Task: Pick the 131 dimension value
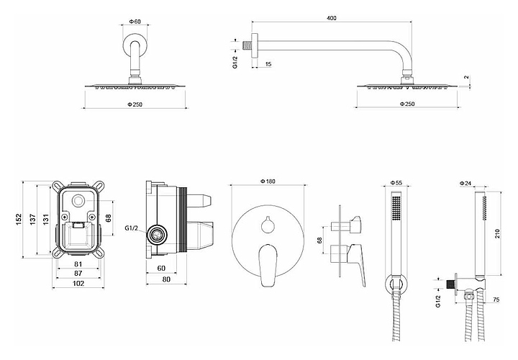pos(45,218)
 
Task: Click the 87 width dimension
pos(78,274)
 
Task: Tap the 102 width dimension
pos(78,284)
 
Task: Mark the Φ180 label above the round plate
pos(268,181)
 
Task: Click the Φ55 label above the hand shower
pos(395,183)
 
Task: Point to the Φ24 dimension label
pos(467,183)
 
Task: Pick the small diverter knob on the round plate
pos(268,225)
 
